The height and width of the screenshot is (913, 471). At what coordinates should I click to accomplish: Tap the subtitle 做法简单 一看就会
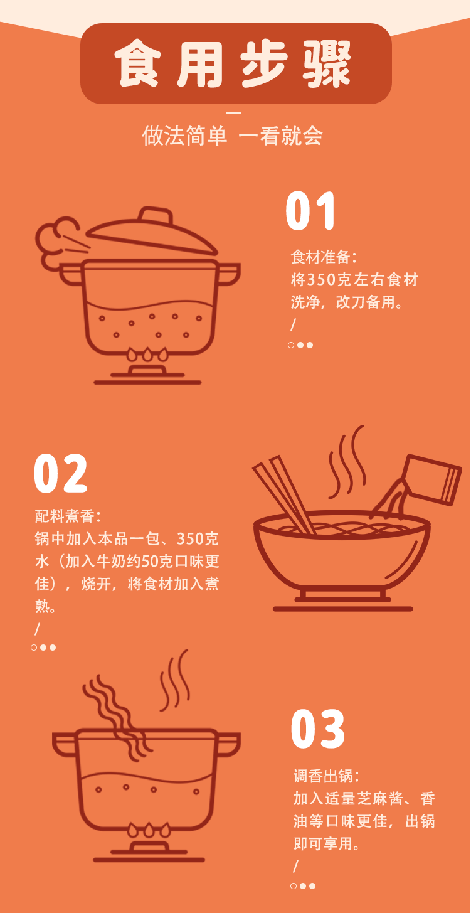[232, 136]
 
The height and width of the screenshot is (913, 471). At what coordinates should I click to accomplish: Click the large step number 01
[312, 212]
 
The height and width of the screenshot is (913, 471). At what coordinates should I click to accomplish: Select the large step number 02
[61, 474]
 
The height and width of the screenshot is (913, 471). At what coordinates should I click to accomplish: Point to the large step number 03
[318, 729]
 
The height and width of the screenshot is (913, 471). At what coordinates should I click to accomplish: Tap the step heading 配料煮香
[67, 516]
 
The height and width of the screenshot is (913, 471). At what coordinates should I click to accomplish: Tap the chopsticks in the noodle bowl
[285, 496]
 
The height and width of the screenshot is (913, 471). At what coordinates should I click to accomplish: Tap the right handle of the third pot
[228, 744]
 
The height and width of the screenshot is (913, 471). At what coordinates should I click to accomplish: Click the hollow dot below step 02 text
[34, 648]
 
